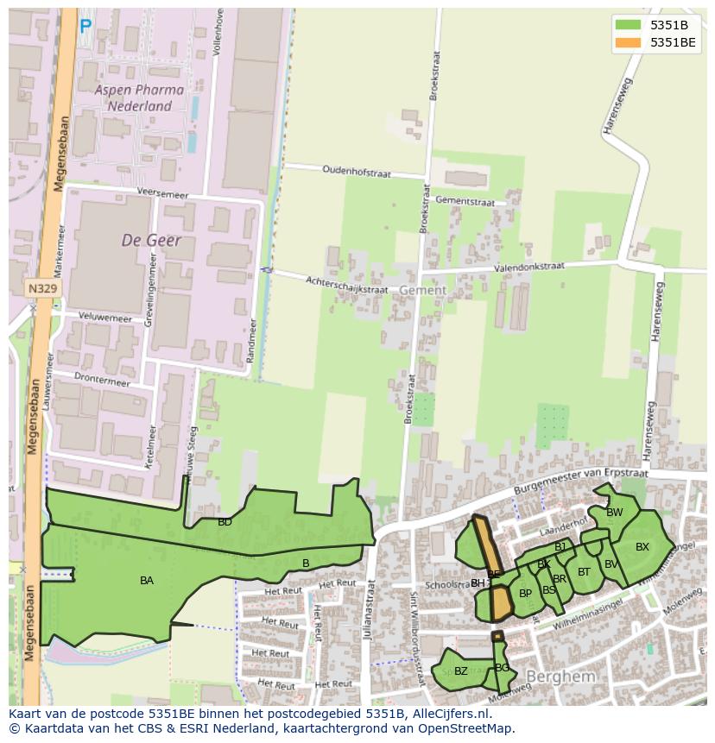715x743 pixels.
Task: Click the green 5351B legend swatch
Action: pos(628,24)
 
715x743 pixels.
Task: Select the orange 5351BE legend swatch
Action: pos(628,41)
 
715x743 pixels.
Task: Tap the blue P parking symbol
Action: pos(85,28)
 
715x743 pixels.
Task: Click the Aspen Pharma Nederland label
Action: pos(139,98)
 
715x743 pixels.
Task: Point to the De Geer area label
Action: pos(151,240)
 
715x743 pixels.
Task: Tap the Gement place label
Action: pos(422,291)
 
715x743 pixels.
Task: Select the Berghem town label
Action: pos(560,677)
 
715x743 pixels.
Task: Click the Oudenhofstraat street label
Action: pos(356,172)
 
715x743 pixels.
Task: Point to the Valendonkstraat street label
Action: pos(528,268)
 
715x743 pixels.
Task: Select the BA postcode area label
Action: pos(147,581)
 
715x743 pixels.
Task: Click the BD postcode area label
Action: pos(225,522)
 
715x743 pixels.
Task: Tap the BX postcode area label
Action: pos(642,547)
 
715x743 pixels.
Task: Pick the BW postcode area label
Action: pos(614,513)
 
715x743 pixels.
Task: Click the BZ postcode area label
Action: pos(460,671)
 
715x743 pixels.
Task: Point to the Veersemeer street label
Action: pos(162,194)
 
